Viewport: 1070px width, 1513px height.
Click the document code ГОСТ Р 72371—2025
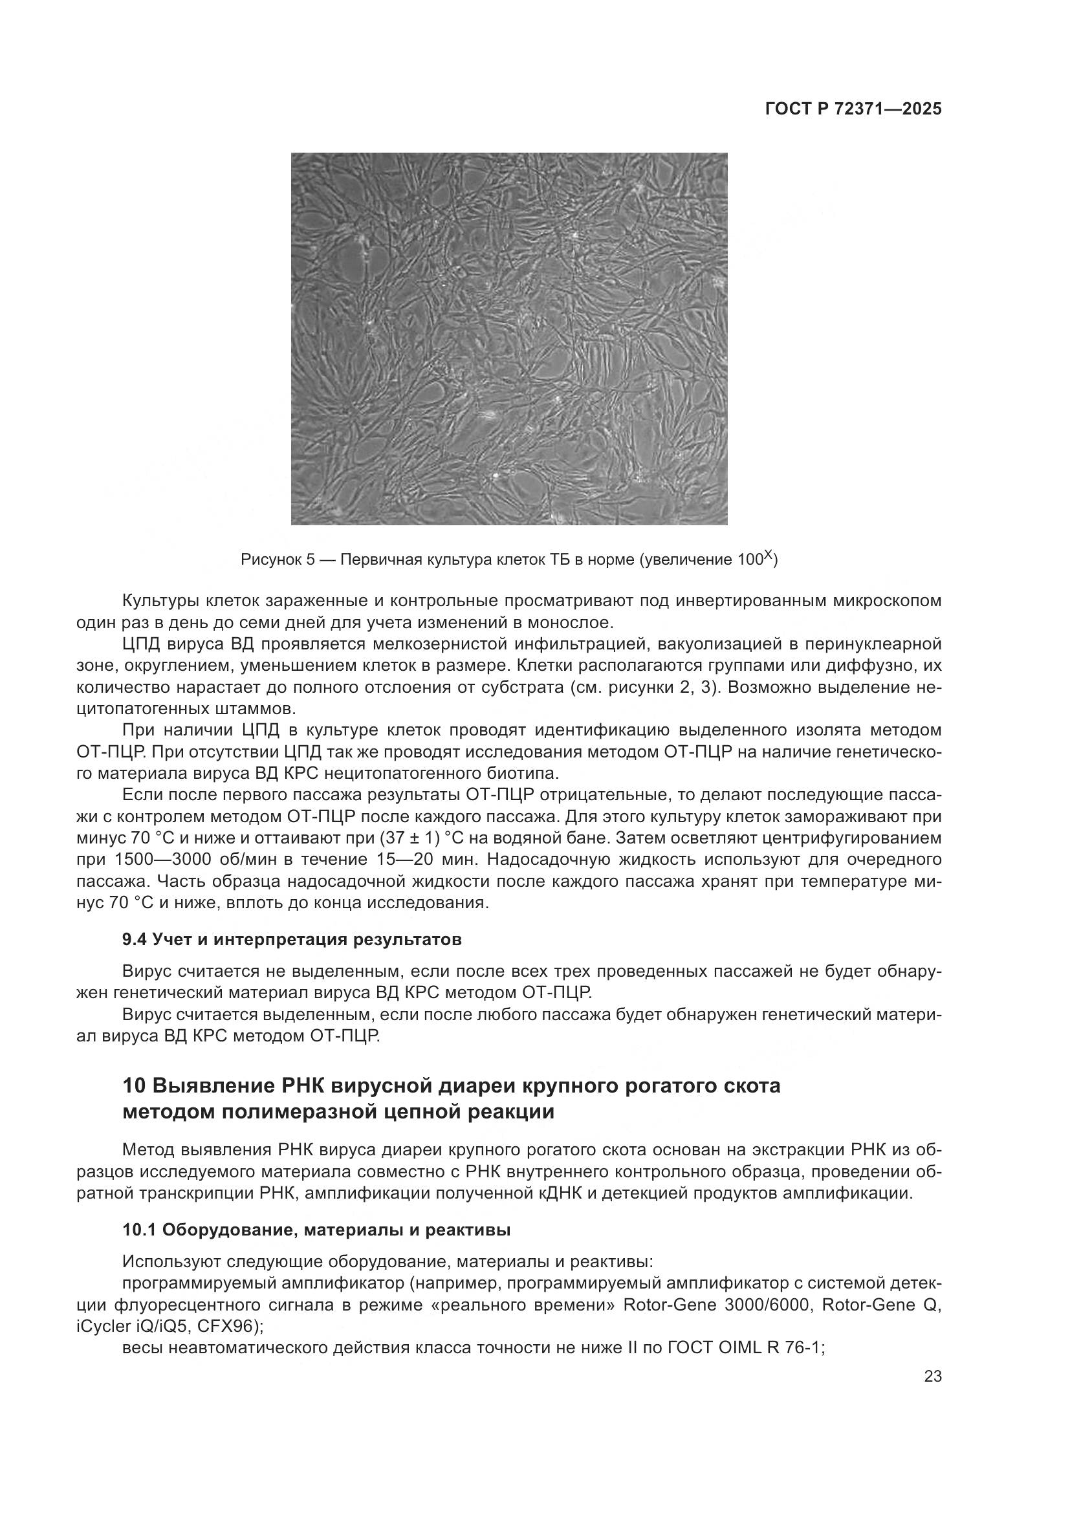click(x=853, y=109)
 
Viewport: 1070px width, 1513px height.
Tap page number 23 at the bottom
click(x=933, y=1376)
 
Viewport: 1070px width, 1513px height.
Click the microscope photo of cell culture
click(x=508, y=339)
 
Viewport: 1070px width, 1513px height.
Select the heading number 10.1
click(x=139, y=1230)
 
